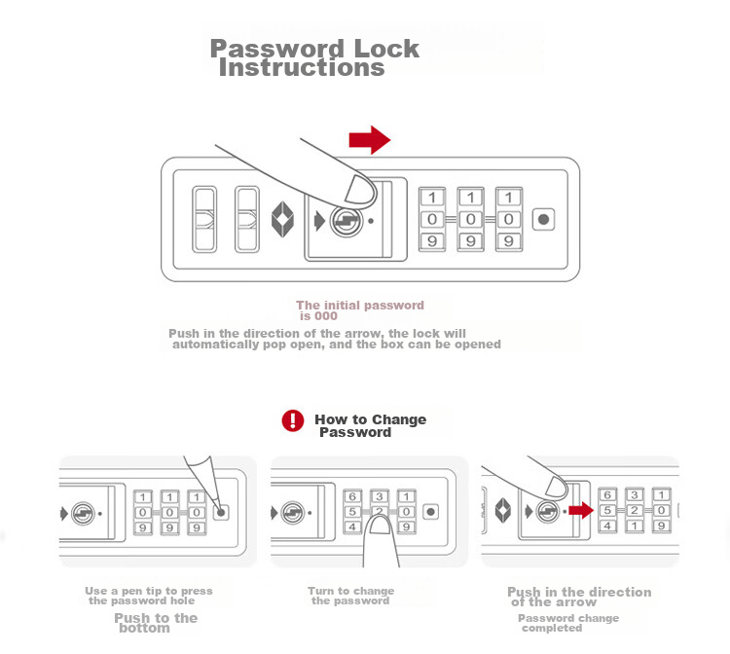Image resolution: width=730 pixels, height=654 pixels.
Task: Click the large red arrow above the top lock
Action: point(370,139)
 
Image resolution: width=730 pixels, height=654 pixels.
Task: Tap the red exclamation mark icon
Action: point(293,420)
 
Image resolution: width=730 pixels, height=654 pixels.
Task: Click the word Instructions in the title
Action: point(302,68)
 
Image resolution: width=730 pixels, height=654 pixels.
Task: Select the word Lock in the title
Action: point(386,49)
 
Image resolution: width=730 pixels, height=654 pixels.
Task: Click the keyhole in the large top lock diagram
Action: point(346,221)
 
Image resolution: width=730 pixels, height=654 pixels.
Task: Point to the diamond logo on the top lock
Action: point(282,219)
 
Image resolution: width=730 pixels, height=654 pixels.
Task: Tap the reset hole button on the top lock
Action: point(543,219)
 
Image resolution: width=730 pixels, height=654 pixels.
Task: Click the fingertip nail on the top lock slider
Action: point(359,190)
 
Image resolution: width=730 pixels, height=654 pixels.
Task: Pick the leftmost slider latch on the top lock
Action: point(204,219)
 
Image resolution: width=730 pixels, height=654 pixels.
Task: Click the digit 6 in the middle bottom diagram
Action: point(352,496)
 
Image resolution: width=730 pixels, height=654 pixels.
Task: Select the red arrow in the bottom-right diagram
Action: point(581,510)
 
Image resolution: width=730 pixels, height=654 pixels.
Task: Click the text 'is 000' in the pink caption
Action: point(318,316)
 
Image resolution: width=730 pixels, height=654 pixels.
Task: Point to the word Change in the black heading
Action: point(398,419)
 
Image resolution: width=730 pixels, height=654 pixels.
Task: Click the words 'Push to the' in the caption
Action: point(156,618)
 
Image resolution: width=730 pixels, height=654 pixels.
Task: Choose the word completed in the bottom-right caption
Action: point(552,628)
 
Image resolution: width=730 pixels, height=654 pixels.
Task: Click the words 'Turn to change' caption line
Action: point(351,591)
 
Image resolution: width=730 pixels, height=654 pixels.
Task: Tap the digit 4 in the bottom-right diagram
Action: point(607,526)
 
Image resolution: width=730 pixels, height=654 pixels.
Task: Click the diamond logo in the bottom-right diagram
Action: point(503,510)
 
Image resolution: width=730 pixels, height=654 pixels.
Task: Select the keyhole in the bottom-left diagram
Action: point(83,514)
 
